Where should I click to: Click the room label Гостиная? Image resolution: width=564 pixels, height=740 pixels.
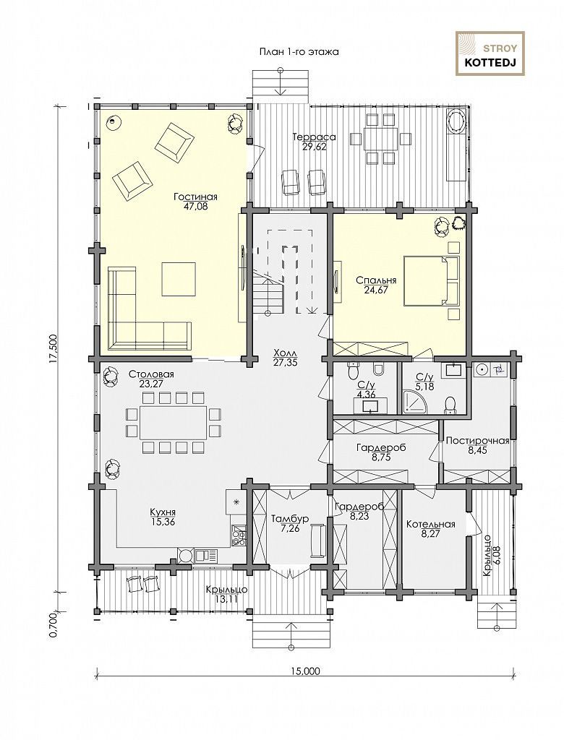(195, 197)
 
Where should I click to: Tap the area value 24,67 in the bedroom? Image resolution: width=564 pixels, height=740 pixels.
(375, 290)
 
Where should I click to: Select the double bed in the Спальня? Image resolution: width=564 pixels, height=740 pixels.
(431, 281)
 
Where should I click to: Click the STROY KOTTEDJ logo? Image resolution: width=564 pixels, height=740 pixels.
(490, 53)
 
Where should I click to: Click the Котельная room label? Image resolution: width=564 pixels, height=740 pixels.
(431, 525)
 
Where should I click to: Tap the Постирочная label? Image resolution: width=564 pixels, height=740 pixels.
(477, 441)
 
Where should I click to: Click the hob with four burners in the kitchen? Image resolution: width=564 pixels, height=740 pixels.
(239, 535)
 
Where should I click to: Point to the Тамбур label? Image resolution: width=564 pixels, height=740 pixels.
(289, 519)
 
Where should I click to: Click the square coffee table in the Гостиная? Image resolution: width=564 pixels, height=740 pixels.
(179, 278)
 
